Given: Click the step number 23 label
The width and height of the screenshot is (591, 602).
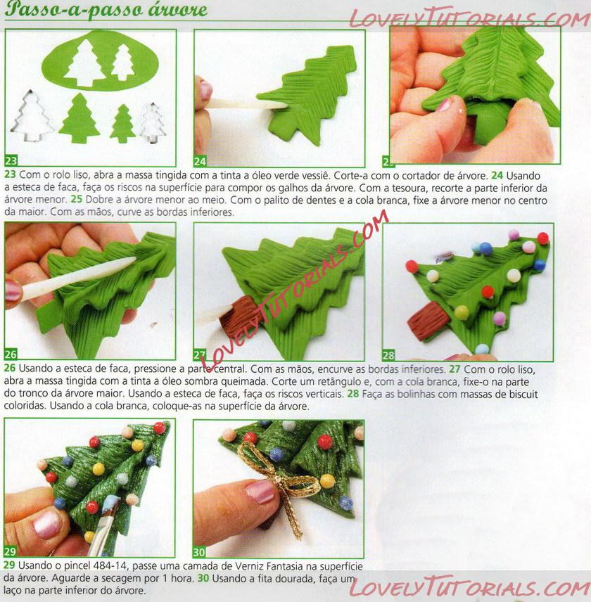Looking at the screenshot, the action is tap(11, 160).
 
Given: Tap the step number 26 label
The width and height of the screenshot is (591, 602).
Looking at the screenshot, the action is tap(11, 354).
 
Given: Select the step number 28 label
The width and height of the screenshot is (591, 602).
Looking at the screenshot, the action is tap(388, 354).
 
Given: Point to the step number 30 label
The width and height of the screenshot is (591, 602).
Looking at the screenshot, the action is tap(199, 552).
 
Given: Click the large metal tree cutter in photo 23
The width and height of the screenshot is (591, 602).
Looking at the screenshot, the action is tap(32, 116).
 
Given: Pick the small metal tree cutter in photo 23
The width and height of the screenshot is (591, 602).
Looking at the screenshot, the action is tap(153, 123).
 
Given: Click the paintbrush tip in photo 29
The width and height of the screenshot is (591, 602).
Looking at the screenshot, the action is tap(110, 504).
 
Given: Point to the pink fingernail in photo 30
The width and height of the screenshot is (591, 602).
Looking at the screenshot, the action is tap(260, 492).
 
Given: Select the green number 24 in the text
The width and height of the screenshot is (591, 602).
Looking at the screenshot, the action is tap(497, 175).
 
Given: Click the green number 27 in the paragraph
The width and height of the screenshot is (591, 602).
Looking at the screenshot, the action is tap(455, 369).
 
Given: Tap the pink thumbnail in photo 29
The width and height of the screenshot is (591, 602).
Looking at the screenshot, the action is tap(46, 525).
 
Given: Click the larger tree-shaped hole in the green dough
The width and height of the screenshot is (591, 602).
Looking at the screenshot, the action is tap(84, 63).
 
